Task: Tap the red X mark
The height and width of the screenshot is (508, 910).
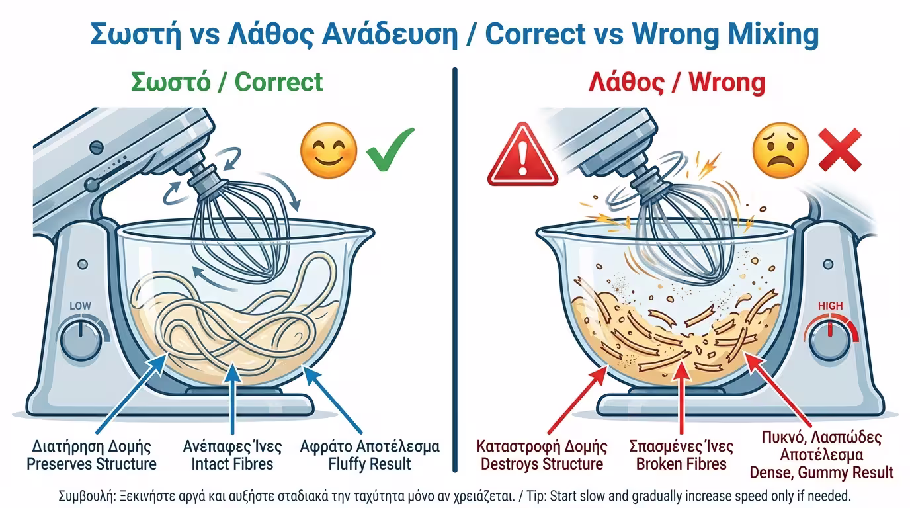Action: point(840,149)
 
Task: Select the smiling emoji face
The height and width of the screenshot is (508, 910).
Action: point(329,150)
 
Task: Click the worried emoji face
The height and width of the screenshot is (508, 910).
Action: point(780,150)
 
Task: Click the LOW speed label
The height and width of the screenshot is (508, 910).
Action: point(81,306)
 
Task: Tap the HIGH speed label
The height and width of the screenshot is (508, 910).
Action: point(831,306)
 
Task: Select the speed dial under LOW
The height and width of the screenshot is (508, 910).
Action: point(81,340)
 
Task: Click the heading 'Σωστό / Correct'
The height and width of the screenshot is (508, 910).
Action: point(227,83)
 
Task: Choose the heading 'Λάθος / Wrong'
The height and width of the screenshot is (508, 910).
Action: point(677,83)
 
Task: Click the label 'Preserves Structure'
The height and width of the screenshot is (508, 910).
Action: point(91,464)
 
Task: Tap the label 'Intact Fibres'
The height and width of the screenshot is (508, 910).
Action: point(232,464)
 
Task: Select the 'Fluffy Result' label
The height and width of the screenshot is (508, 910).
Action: point(370,464)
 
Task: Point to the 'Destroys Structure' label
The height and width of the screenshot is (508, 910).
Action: point(542,464)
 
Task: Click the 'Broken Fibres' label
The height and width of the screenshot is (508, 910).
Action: point(681,464)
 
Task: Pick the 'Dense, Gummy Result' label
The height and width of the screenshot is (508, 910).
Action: point(821,473)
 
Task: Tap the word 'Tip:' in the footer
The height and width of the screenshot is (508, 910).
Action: point(536,496)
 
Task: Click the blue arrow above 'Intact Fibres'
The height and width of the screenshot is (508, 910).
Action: point(232,398)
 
